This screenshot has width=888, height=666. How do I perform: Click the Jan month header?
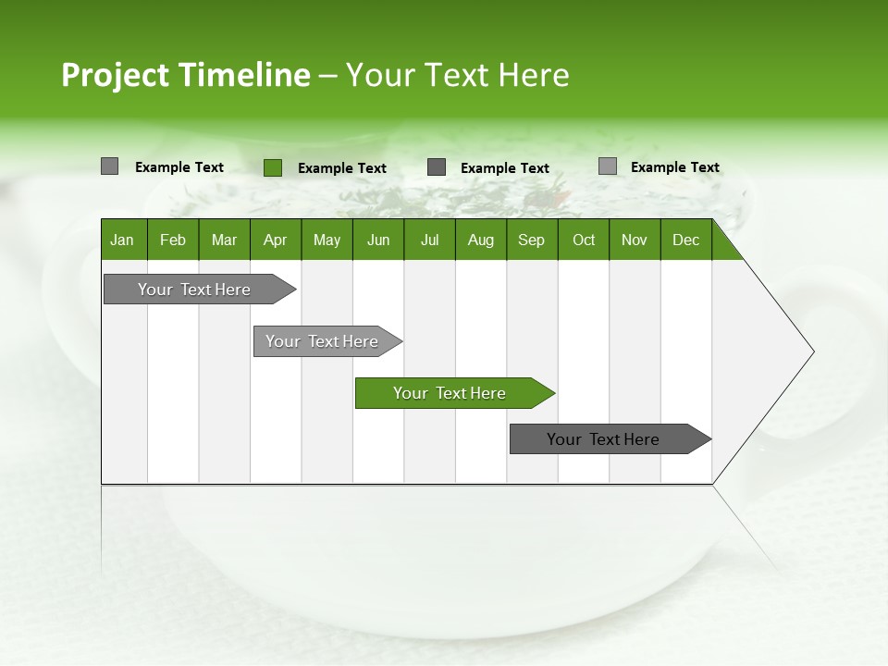[123, 240]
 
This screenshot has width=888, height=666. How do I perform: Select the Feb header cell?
[173, 240]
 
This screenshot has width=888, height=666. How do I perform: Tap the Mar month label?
[224, 240]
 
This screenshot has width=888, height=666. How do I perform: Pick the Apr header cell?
[276, 240]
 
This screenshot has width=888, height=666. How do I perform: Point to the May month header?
[327, 240]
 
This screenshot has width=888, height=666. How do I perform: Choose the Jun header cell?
[378, 240]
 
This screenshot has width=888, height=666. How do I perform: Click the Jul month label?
[429, 240]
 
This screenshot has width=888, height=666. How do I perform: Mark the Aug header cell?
[481, 240]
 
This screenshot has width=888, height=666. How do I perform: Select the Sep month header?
[532, 240]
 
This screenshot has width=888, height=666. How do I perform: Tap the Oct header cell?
[584, 240]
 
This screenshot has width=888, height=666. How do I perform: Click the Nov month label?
[635, 240]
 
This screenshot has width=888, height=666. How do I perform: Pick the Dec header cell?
[686, 240]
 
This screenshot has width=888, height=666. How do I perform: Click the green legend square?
[273, 167]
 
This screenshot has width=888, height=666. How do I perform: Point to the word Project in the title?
[116, 75]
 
